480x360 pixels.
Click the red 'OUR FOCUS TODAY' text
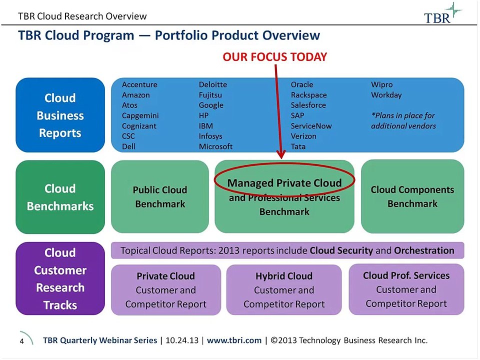pos(274,57)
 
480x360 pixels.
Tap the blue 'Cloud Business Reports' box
pos(60,115)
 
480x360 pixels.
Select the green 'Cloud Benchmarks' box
pos(60,197)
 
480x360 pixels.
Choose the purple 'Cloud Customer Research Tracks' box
pos(60,278)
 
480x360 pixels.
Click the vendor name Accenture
pos(139,84)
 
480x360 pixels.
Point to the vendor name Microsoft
pos(215,146)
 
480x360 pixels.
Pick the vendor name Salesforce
pos(308,105)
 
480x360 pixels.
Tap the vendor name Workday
pos(386,95)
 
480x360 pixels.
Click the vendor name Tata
pos(298,146)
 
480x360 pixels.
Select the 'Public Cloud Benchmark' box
pos(159,197)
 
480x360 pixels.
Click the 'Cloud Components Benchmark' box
pos(412,196)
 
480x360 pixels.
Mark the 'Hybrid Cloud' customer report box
pos(284,290)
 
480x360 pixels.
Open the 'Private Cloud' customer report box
pos(165,290)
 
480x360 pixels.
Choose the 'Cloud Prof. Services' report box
pos(406,289)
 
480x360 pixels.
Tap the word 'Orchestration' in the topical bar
pos(424,250)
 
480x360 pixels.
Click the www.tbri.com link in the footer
pos(234,340)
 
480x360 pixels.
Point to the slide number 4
pos(22,341)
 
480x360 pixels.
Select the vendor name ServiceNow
pos(311,126)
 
